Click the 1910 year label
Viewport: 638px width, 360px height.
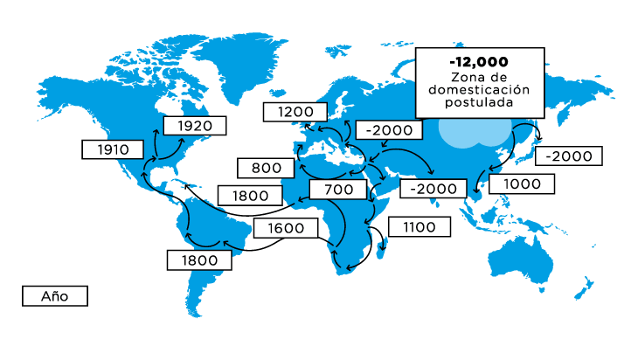113,149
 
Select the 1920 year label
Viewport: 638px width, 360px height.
194,126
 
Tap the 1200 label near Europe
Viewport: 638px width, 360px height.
295,112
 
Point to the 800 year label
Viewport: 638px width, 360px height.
266,168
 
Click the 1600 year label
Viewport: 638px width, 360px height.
287,228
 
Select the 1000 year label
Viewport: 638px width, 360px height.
522,183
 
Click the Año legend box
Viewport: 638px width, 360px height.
54,296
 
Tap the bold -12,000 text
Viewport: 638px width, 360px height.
478,62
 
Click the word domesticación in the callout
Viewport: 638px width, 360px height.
478,89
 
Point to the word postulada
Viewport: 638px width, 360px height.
478,101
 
